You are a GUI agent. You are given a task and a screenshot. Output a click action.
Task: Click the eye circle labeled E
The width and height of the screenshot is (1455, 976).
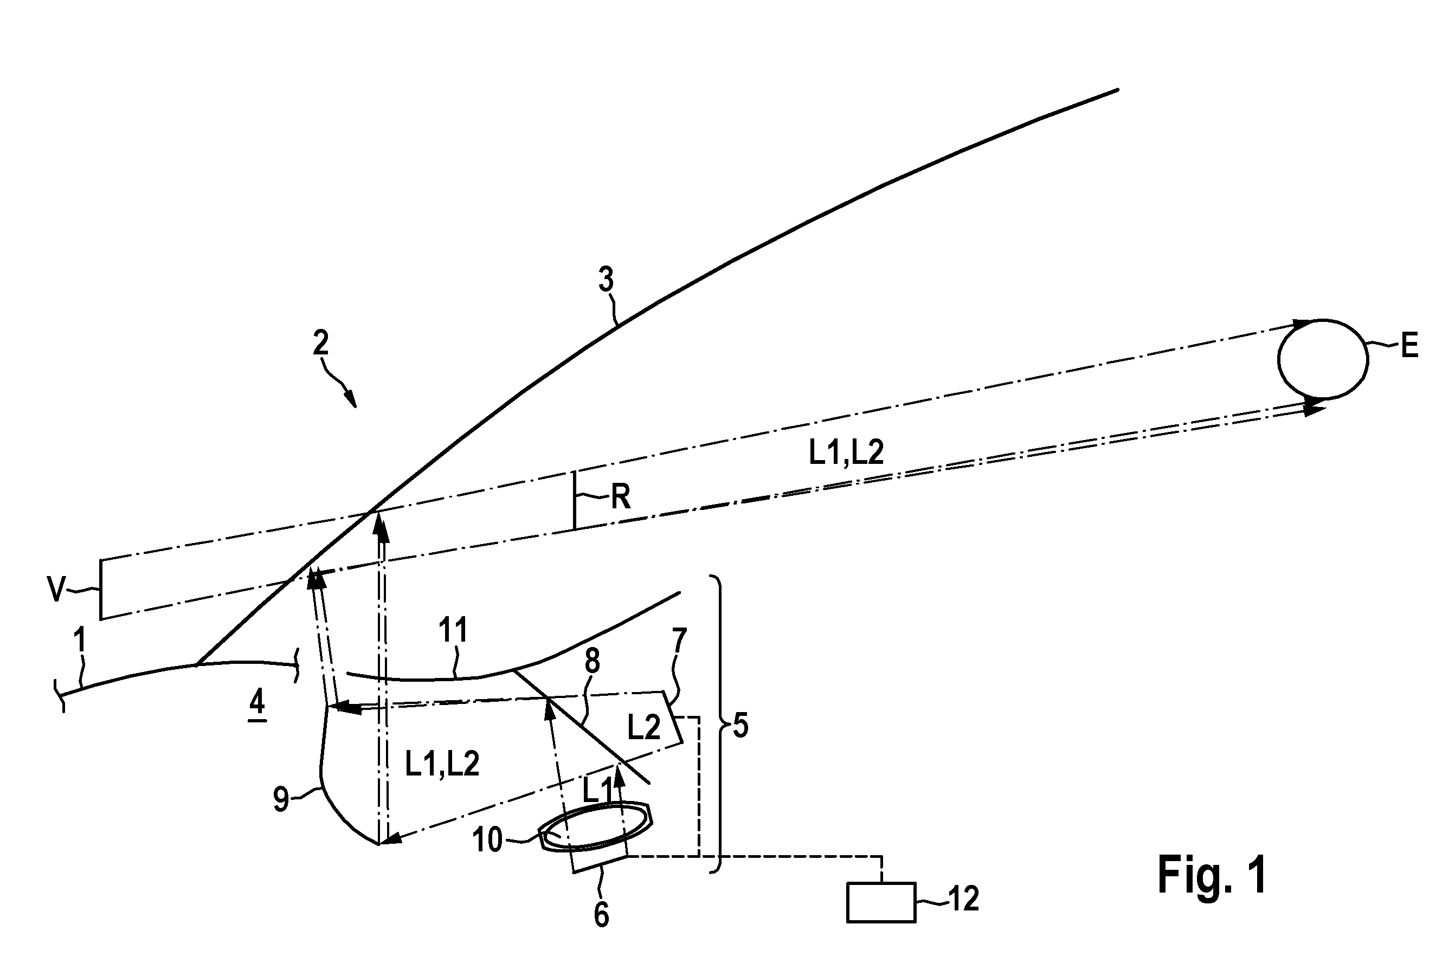[x=1278, y=360]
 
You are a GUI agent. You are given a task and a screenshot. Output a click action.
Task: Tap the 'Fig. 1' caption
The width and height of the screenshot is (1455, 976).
[x=1212, y=875]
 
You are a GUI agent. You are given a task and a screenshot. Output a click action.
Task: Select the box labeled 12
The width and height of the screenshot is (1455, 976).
[x=881, y=902]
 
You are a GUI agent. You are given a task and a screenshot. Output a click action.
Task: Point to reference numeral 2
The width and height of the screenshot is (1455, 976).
[x=320, y=343]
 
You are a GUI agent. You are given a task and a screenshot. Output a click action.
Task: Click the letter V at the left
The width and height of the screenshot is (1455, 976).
[x=57, y=589]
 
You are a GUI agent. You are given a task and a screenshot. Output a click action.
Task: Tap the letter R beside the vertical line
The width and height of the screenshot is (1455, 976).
[x=621, y=497]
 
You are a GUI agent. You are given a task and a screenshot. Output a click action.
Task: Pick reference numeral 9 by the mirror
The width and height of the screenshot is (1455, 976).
[x=281, y=800]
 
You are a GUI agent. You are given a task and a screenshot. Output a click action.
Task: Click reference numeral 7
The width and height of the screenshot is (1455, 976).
[x=679, y=640]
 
